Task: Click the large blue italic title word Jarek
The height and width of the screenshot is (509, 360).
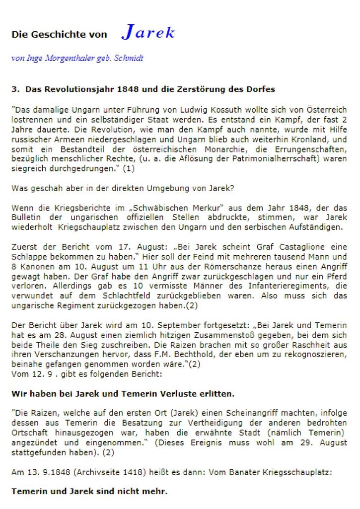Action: pyautogui.click(x=148, y=33)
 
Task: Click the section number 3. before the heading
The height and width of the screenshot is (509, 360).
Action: pyautogui.click(x=15, y=90)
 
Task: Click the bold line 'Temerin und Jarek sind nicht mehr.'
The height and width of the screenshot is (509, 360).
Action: pyautogui.click(x=89, y=492)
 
